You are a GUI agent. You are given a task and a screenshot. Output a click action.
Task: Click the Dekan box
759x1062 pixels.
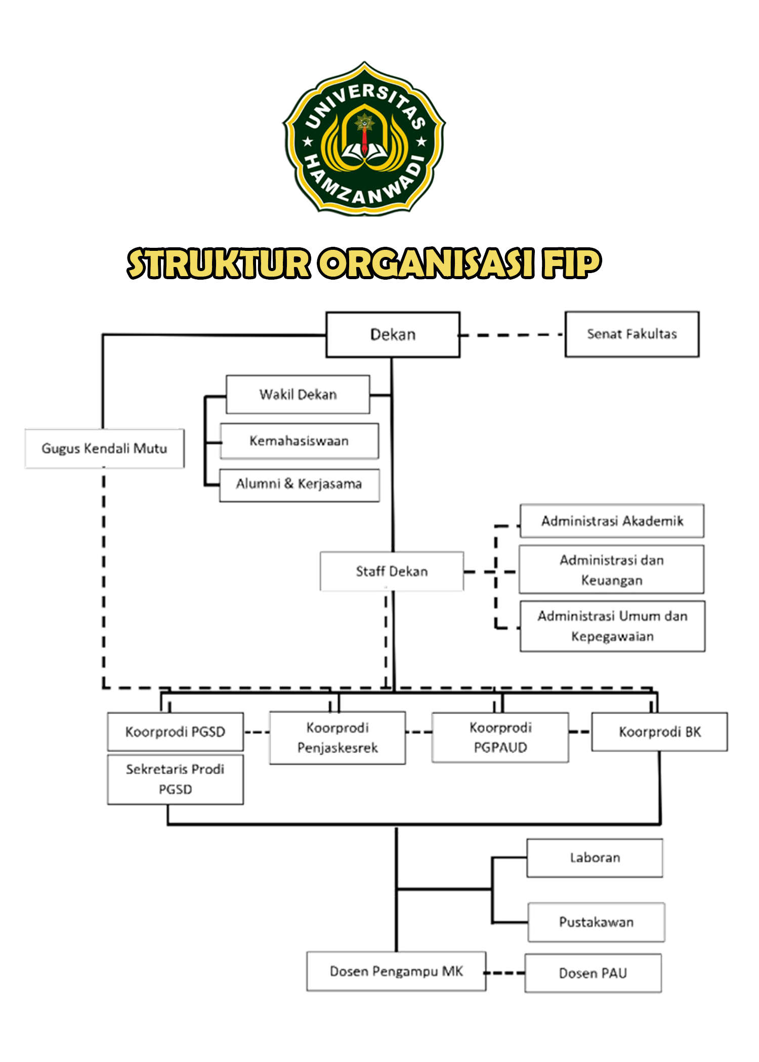click(393, 335)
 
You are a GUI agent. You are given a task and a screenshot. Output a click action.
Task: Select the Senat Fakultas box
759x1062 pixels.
click(632, 334)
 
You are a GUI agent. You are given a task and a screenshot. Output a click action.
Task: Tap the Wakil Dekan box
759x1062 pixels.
click(298, 394)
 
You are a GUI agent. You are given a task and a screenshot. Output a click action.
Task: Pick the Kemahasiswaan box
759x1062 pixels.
click(299, 441)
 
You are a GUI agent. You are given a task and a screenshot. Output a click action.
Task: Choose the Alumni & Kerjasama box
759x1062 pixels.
click(299, 484)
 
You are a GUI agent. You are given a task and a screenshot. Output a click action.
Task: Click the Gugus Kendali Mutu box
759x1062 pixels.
click(104, 449)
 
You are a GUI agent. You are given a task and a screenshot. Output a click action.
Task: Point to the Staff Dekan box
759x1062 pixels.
click(392, 571)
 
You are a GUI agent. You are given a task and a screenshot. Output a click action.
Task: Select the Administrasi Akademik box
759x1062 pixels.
click(612, 521)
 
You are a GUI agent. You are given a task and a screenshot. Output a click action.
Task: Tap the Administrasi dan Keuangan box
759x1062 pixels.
click(611, 570)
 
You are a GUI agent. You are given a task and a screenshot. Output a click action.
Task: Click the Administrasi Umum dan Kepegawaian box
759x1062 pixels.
click(612, 626)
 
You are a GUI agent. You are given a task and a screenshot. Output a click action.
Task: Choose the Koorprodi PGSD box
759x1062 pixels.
click(175, 732)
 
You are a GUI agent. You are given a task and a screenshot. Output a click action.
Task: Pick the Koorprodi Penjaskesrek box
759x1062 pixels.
click(338, 738)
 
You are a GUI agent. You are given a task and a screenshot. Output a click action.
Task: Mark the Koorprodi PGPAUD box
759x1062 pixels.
click(500, 737)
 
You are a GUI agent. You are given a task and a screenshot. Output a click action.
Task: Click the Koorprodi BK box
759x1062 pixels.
click(659, 732)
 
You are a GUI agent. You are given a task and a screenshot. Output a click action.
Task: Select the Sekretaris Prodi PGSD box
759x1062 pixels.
click(175, 779)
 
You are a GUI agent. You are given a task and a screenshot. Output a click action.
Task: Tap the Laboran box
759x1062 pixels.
click(595, 858)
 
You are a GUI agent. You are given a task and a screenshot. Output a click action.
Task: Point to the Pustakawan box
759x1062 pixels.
click(596, 922)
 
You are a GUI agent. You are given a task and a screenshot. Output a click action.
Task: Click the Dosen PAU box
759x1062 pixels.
click(593, 973)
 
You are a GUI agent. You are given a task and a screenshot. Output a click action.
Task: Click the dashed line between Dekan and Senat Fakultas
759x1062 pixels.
click(511, 335)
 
